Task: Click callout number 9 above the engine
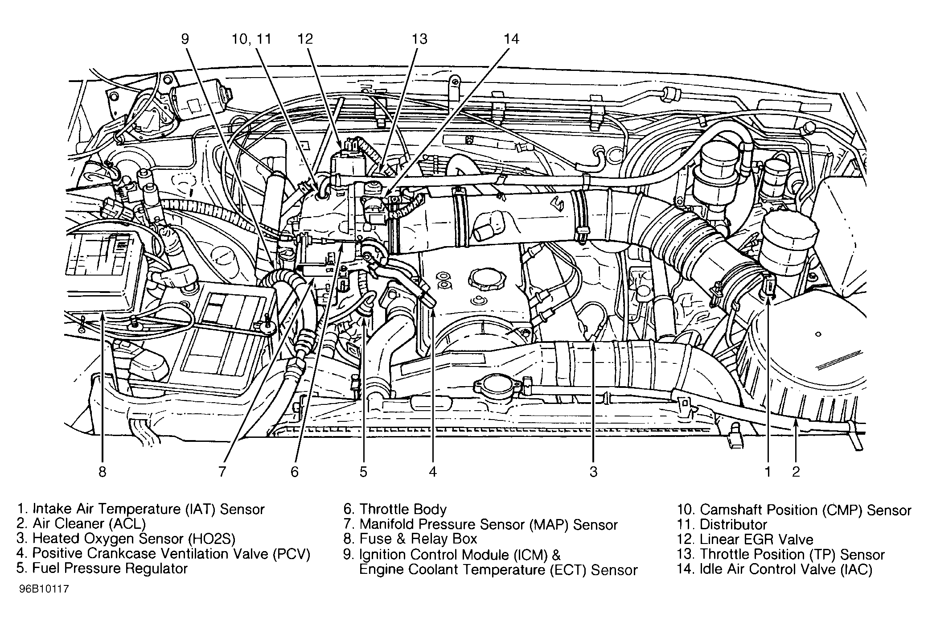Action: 185,39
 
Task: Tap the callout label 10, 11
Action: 251,39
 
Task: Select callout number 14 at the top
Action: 511,39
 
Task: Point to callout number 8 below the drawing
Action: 103,472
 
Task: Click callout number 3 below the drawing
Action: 593,472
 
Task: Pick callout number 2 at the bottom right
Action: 796,472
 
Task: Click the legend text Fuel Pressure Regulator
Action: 110,568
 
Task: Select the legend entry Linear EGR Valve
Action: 756,540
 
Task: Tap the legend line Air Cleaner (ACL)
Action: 89,524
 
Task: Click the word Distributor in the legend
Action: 733,524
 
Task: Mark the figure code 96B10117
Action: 44,589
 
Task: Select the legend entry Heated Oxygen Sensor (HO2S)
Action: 134,539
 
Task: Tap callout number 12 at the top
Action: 305,39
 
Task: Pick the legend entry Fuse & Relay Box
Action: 418,539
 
